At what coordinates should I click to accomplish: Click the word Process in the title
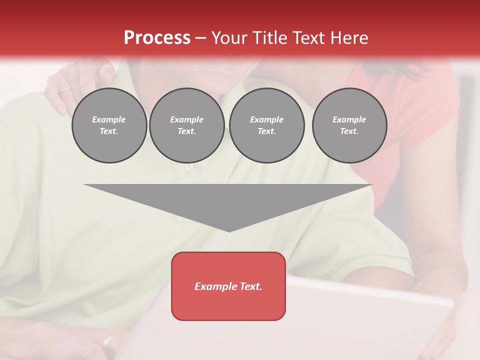pyautogui.click(x=157, y=38)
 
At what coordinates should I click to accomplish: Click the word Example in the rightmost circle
pyautogui.click(x=349, y=119)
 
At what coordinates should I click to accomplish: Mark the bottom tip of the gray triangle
pyautogui.click(x=229, y=230)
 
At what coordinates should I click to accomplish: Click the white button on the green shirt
pyautogui.click(x=189, y=166)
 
